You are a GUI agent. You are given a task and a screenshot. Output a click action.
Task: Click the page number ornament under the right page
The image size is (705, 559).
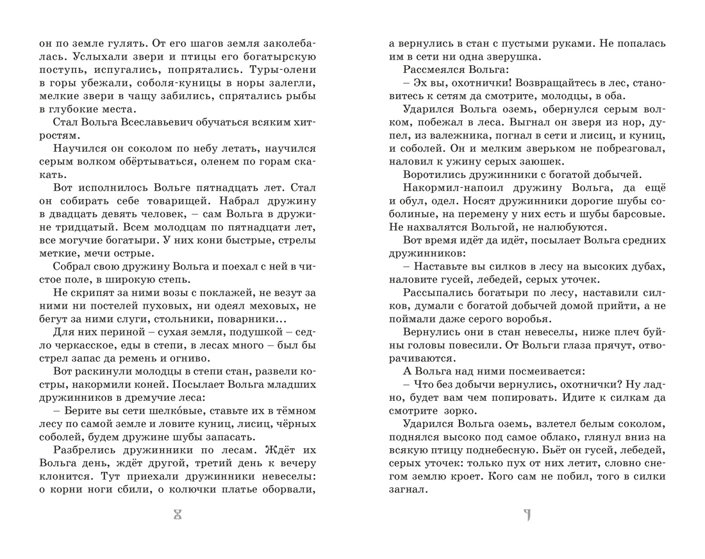coord(527,515)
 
